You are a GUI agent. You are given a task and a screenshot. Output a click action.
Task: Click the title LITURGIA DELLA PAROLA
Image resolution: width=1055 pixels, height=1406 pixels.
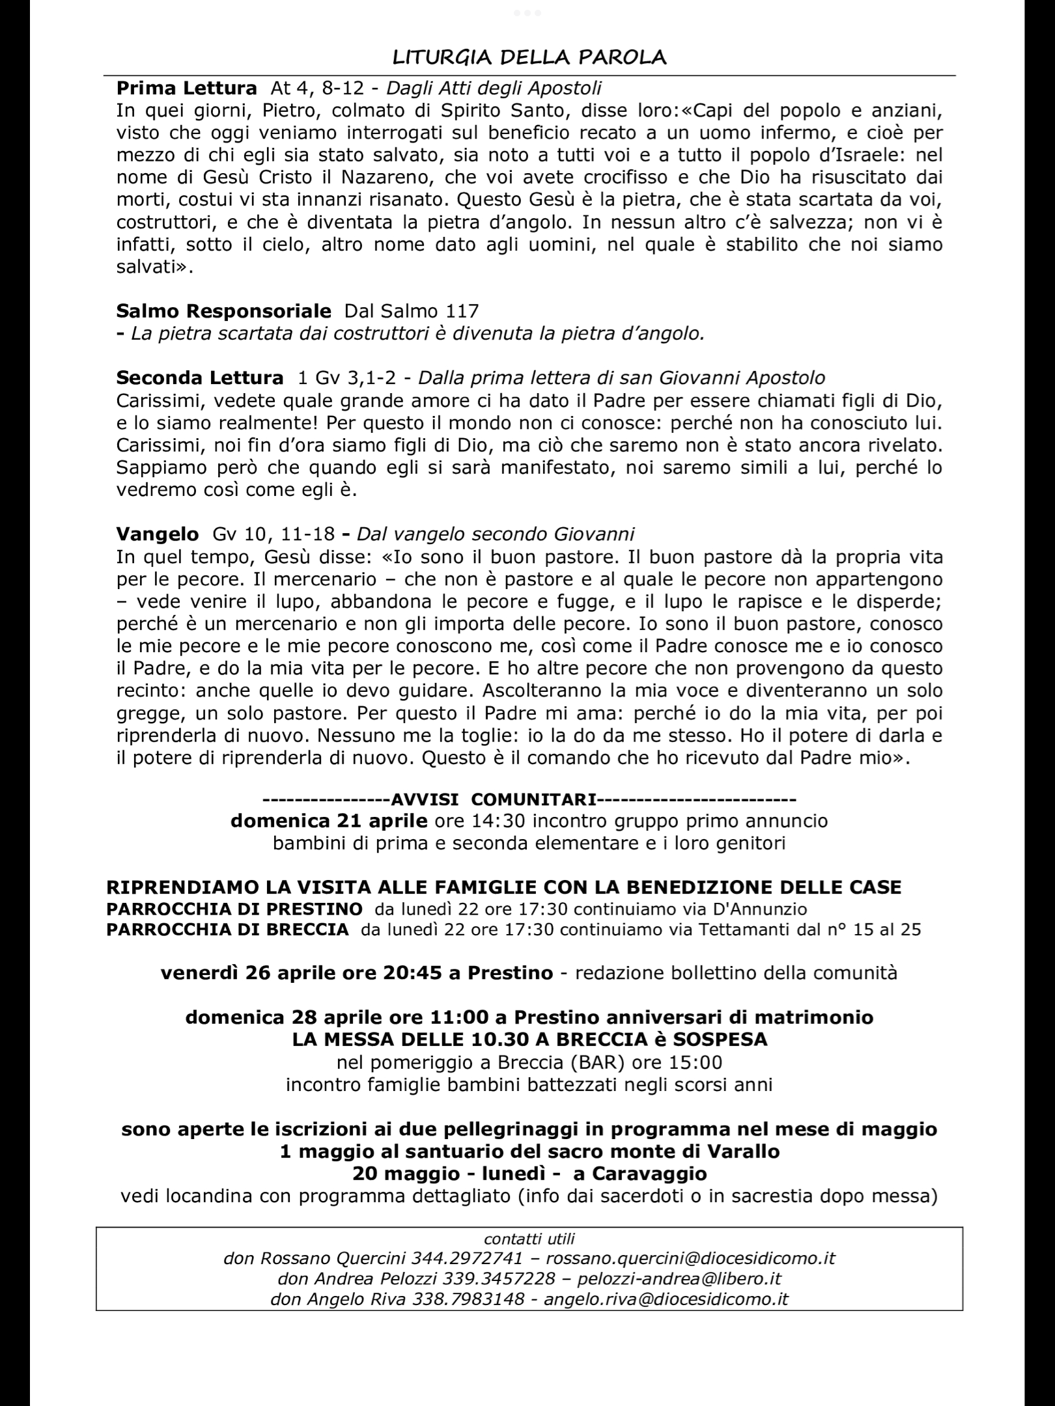[529, 58]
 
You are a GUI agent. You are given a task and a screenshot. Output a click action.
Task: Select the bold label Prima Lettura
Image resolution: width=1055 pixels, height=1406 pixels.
[186, 88]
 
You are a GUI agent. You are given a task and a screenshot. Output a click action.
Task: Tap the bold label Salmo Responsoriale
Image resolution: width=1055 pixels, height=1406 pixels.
[223, 310]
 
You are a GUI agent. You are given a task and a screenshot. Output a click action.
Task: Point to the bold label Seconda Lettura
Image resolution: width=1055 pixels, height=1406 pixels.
[199, 378]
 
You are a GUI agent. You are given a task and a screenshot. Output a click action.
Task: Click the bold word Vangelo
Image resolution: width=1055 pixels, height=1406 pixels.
[157, 534]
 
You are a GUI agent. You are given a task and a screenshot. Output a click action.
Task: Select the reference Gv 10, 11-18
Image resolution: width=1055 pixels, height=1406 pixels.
[274, 534]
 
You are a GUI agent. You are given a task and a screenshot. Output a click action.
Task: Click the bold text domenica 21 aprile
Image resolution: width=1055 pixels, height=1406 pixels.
[329, 821]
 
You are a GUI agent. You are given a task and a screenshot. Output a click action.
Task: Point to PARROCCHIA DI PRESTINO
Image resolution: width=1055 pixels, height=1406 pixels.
[234, 909]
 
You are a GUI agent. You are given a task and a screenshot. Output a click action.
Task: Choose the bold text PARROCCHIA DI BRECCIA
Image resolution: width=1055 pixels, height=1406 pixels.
[227, 930]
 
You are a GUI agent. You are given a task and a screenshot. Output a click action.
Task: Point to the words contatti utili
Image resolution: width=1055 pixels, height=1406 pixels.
[529, 1238]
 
